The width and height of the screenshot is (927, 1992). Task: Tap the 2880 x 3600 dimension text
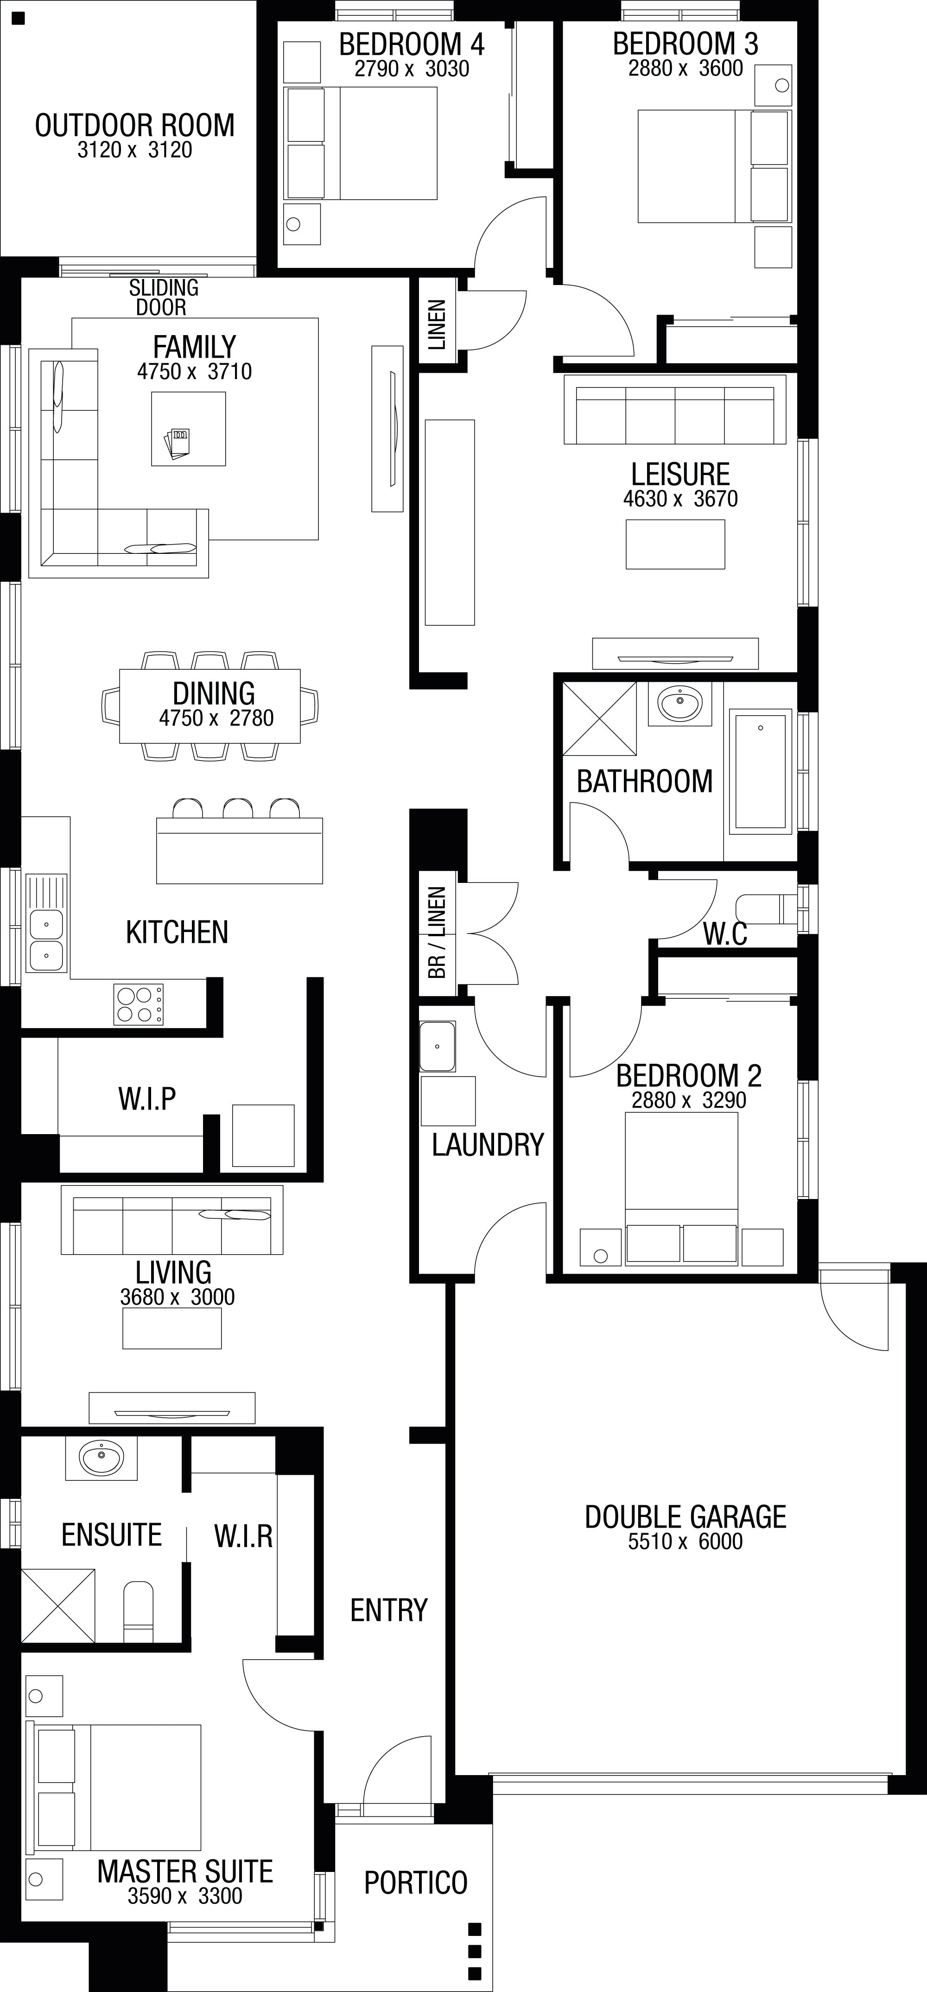click(x=686, y=69)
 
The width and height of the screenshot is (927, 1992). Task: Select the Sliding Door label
click(x=163, y=298)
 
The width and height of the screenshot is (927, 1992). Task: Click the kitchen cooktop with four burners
click(x=139, y=1004)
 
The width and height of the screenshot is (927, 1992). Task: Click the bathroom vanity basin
click(x=679, y=704)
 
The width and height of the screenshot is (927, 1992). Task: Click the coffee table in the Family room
click(x=189, y=428)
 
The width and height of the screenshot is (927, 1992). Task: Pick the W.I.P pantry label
click(x=147, y=1098)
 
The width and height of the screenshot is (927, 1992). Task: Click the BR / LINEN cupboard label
click(x=437, y=933)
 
